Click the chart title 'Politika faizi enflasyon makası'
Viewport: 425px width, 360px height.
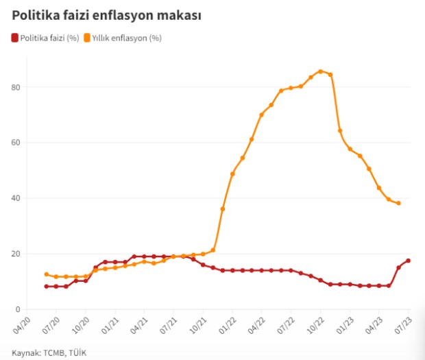pos(107,15)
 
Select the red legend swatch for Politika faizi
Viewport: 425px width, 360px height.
pos(14,38)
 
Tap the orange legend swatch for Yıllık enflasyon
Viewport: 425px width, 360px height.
pos(87,38)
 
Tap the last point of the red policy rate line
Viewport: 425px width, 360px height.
pos(409,261)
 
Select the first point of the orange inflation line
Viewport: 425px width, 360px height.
pos(47,274)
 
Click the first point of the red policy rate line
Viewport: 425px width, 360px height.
pos(47,287)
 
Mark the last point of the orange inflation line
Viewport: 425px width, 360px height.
pos(398,203)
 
